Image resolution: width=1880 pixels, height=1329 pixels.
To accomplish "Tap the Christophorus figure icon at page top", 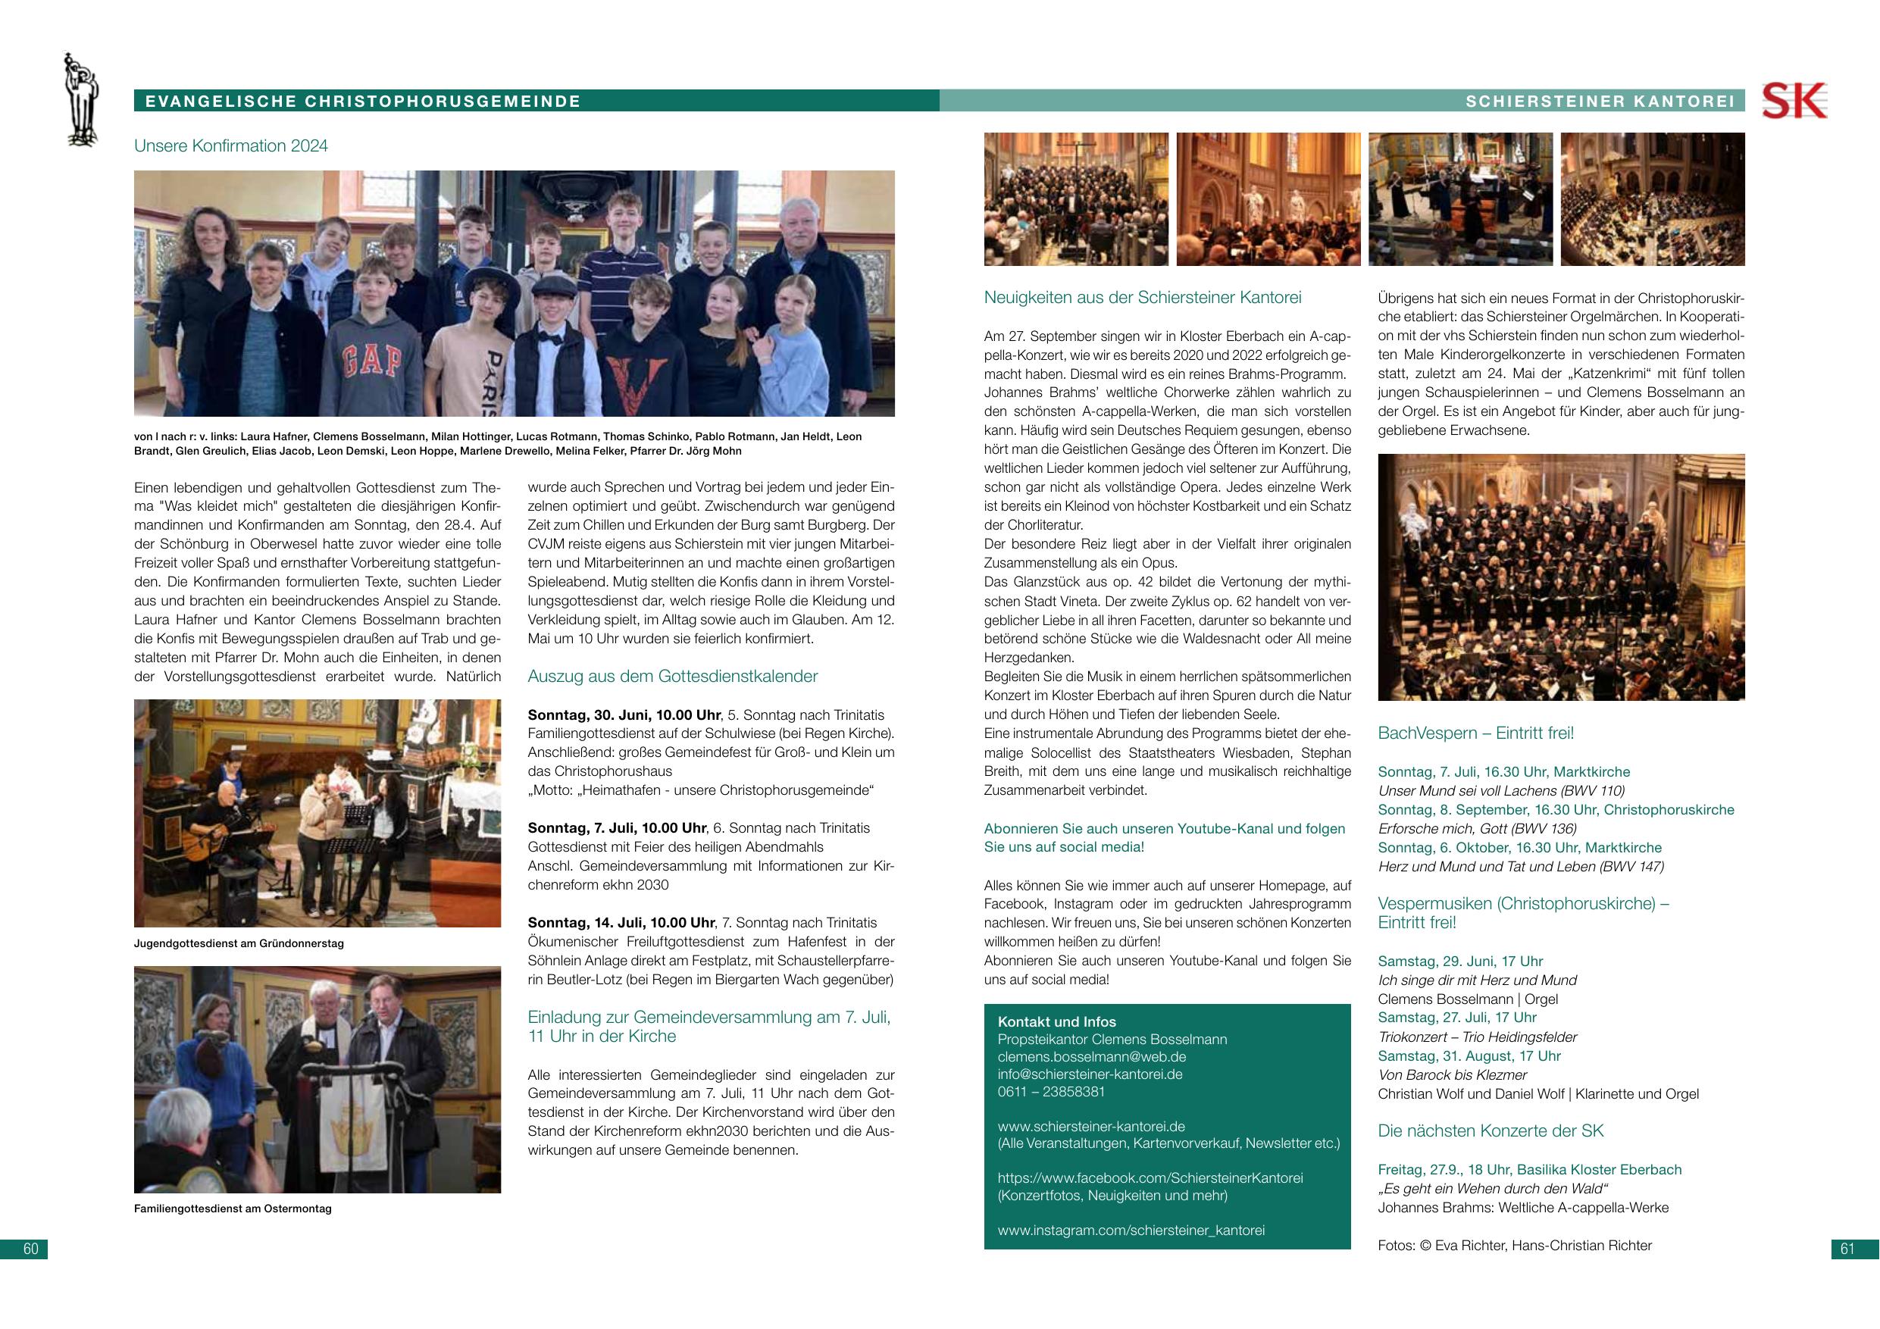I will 81,100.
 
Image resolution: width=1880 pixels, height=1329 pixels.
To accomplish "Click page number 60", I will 31,1249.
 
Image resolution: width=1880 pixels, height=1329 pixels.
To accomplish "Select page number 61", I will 1847,1249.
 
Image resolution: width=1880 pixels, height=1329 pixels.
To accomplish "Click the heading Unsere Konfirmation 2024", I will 231,145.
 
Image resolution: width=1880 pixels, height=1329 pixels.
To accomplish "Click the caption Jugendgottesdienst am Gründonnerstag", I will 238,943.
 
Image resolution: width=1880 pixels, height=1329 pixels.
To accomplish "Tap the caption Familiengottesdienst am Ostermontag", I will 233,1209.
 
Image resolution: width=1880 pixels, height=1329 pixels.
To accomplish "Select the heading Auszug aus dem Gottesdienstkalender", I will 672,677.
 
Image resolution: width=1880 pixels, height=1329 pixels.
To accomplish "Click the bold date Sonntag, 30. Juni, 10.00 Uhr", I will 624,715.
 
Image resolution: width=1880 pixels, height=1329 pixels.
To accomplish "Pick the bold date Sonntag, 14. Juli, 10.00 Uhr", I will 621,923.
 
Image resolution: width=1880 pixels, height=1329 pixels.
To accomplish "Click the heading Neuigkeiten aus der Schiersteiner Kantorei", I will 1142,297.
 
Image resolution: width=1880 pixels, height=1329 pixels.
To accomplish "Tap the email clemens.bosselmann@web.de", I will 1091,1057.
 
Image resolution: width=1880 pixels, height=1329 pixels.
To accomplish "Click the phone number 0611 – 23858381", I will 1051,1092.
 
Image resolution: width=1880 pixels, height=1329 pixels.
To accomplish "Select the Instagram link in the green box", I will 1131,1230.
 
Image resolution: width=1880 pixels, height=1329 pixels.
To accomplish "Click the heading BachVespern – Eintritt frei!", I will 1475,733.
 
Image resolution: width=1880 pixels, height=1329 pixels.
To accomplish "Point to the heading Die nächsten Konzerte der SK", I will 1491,1130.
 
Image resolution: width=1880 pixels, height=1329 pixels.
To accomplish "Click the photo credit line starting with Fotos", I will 1514,1246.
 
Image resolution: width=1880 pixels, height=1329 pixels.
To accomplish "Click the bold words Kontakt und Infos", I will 1056,1022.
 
